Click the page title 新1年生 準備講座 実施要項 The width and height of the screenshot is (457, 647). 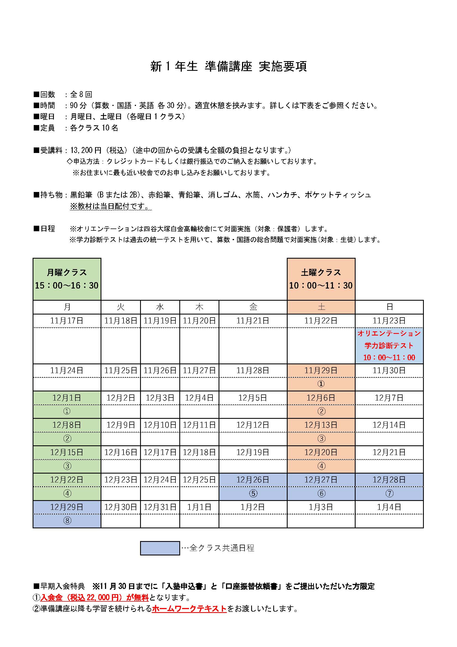click(228, 66)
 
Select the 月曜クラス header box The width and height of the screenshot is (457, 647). click(67, 279)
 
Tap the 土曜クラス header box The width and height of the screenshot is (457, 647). click(321, 279)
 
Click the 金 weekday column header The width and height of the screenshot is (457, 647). click(253, 307)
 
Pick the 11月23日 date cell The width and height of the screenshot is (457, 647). click(389, 321)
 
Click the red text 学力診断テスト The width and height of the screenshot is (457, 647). click(389, 345)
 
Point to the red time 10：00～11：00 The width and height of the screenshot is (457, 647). click(389, 358)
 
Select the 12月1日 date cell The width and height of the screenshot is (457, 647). click(67, 398)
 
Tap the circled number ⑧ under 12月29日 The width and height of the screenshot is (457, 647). click(67, 521)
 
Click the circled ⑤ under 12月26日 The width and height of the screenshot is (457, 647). click(253, 493)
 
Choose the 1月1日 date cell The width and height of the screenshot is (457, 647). click(199, 507)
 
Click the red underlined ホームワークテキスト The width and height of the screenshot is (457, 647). click(189, 609)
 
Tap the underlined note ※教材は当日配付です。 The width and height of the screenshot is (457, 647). click(111, 206)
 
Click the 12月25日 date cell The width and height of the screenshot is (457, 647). click(199, 480)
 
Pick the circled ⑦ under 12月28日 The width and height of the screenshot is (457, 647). click(389, 493)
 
